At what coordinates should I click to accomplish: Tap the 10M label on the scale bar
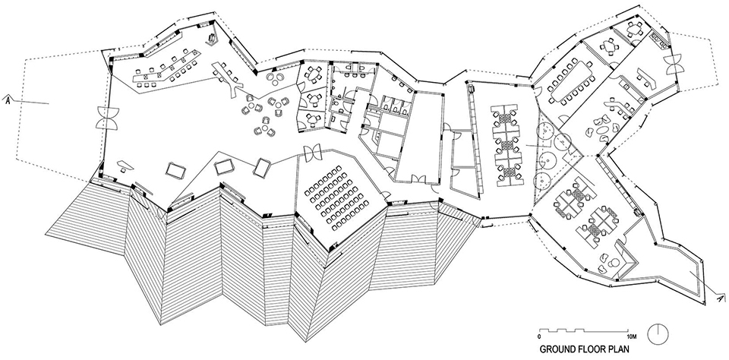pyautogui.click(x=631, y=336)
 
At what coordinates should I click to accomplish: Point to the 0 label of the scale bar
pyautogui.click(x=538, y=336)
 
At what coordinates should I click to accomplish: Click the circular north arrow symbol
pyautogui.click(x=658, y=333)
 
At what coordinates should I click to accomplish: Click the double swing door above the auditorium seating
pyautogui.click(x=312, y=152)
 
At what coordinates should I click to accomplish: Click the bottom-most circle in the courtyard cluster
pyautogui.click(x=541, y=180)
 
